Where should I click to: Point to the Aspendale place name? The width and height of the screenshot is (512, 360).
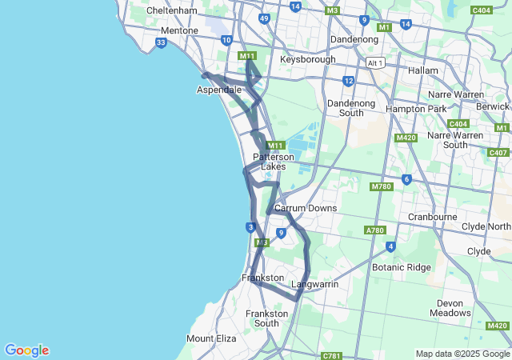pyautogui.click(x=219, y=90)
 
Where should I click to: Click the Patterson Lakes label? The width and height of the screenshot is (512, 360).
pyautogui.click(x=274, y=162)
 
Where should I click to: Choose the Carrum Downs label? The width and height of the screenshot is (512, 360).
pyautogui.click(x=306, y=208)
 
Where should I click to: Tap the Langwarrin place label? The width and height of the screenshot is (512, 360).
pyautogui.click(x=314, y=284)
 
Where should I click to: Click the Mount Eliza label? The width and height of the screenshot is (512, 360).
pyautogui.click(x=211, y=338)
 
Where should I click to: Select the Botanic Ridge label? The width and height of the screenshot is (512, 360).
pyautogui.click(x=401, y=267)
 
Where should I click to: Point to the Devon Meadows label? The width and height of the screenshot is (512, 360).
pyautogui.click(x=454, y=308)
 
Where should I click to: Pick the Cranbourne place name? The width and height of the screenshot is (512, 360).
pyautogui.click(x=432, y=217)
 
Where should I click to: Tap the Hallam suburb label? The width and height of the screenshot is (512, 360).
pyautogui.click(x=423, y=70)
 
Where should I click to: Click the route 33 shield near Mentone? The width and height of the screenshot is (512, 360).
pyautogui.click(x=162, y=42)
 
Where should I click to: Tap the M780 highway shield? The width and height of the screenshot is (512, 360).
pyautogui.click(x=381, y=186)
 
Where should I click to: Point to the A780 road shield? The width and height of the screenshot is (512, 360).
pyautogui.click(x=374, y=230)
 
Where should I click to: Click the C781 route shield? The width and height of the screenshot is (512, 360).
pyautogui.click(x=331, y=354)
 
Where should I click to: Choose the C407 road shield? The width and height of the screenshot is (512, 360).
pyautogui.click(x=498, y=152)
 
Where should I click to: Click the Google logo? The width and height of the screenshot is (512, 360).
pyautogui.click(x=26, y=350)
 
